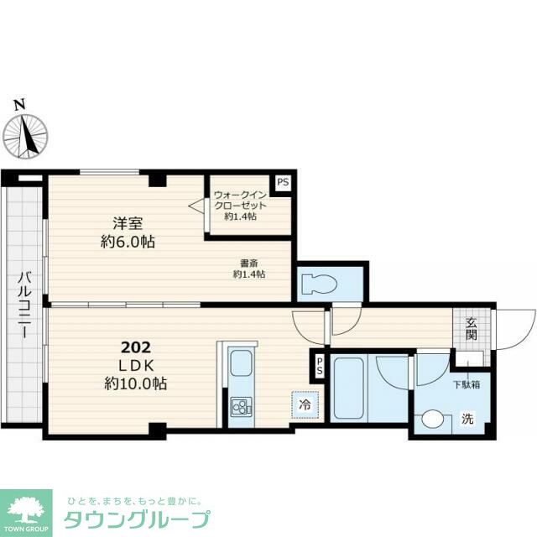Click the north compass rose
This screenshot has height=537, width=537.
coord(25,137)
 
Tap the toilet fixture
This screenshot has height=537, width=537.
coord(320,284)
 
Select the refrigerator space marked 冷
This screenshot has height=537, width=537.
coord(305,404)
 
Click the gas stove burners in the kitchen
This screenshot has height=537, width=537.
coord(241,406)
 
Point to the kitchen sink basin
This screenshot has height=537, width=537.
coord(241,363)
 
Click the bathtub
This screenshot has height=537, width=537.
coord(348,388)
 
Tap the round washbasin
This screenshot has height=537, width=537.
coord(433,419)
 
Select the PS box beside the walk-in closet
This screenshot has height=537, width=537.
coord(283,182)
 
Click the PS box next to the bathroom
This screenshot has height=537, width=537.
coord(319,366)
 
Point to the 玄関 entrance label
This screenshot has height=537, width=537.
coord(472,329)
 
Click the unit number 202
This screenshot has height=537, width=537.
coord(136,347)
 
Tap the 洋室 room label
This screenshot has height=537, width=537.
coord(128,224)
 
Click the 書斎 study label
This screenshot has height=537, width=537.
coord(249,263)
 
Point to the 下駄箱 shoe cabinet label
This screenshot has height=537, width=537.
coord(467,384)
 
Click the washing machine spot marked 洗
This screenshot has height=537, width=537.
coord(467,419)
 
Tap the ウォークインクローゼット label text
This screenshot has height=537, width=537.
coord(240,201)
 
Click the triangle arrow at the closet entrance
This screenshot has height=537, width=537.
coord(196,206)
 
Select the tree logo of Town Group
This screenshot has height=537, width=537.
coord(26,508)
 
